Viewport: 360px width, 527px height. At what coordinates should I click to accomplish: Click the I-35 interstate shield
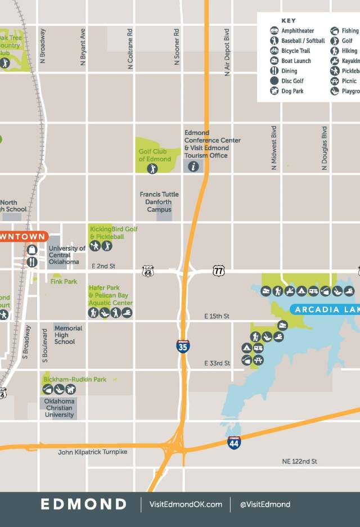(183, 346)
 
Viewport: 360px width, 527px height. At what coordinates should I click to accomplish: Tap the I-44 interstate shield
(234, 442)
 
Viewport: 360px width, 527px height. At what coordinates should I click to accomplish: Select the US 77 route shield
(219, 271)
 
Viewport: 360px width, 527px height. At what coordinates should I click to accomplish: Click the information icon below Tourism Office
(193, 166)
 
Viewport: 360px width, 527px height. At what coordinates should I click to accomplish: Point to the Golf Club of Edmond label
(155, 155)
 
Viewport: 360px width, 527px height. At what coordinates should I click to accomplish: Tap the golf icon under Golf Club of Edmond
(152, 169)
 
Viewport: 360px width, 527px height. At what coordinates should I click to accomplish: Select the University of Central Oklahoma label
(67, 255)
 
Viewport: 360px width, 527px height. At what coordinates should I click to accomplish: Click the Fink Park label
(64, 281)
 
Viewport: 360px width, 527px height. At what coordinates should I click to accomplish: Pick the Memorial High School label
(69, 335)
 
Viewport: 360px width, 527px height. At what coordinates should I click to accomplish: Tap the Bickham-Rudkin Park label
(75, 380)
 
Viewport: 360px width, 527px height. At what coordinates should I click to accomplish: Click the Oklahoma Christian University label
(60, 408)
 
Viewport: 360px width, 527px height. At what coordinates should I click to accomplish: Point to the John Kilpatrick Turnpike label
(93, 452)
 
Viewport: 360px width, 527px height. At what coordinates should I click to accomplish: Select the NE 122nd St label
(299, 461)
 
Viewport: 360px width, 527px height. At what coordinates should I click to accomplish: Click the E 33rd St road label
(217, 363)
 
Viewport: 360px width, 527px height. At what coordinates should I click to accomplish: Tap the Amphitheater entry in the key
(298, 31)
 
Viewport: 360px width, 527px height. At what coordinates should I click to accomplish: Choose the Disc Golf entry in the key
(292, 81)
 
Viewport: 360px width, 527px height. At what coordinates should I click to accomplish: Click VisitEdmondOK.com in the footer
(185, 504)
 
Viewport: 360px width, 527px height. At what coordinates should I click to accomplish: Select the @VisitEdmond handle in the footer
(265, 504)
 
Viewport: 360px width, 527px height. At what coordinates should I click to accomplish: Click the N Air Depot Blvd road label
(227, 52)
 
